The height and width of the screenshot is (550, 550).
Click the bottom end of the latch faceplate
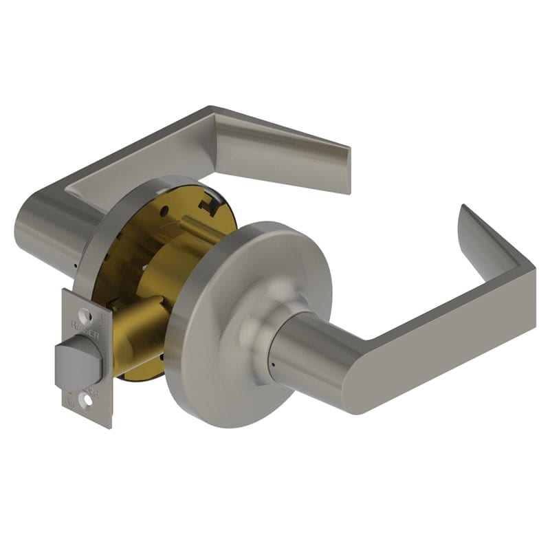(x=88, y=416)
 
